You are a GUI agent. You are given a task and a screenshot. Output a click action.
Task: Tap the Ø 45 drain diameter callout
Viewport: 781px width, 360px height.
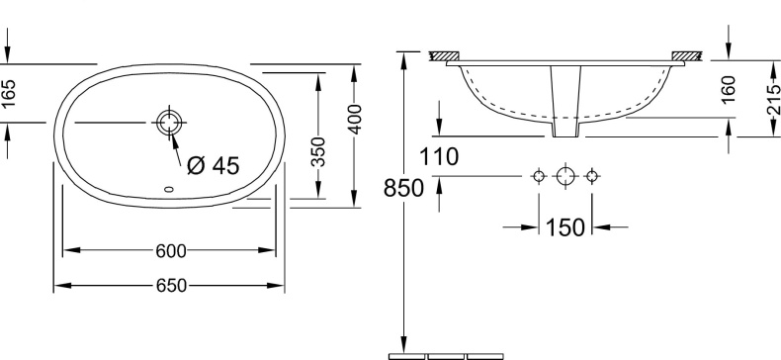(x=213, y=165)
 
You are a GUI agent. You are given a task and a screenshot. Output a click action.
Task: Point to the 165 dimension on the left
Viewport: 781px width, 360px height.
(x=9, y=94)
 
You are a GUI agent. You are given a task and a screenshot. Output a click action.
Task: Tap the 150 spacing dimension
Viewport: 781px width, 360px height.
(x=564, y=227)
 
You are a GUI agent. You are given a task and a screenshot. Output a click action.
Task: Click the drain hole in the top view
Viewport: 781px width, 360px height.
(x=168, y=123)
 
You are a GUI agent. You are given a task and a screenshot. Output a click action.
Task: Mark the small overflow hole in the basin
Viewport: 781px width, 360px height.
(x=166, y=190)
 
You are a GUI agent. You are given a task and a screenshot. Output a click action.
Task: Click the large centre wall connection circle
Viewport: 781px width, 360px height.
(x=564, y=176)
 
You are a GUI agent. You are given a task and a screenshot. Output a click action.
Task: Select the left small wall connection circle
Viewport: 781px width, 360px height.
(x=539, y=176)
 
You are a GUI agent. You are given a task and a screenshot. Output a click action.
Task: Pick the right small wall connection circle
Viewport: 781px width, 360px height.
(x=591, y=176)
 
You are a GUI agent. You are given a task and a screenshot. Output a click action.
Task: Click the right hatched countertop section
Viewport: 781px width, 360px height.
(x=685, y=55)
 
